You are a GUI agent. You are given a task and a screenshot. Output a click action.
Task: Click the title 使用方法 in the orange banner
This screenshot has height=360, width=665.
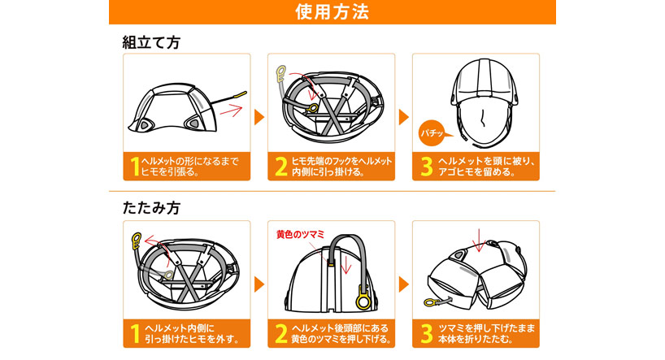pyautogui.click(x=332, y=12)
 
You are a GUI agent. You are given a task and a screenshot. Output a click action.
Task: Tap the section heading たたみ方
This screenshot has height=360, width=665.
pyautogui.click(x=150, y=208)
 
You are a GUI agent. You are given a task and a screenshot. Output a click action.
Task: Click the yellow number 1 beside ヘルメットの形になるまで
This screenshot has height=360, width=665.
pyautogui.click(x=135, y=167)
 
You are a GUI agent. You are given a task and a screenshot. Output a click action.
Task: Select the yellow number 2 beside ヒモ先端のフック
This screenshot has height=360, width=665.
pyautogui.click(x=280, y=167)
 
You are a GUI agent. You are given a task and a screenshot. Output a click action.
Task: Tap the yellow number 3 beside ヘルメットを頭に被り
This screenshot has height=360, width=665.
pyautogui.click(x=425, y=167)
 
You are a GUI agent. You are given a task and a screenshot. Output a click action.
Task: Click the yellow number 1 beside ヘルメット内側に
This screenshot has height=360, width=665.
pyautogui.click(x=135, y=332)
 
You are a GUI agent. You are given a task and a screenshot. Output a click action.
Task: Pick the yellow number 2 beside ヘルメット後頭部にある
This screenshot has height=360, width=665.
pyautogui.click(x=280, y=332)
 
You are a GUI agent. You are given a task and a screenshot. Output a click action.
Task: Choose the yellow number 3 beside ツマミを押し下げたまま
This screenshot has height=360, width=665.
pyautogui.click(x=425, y=332)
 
